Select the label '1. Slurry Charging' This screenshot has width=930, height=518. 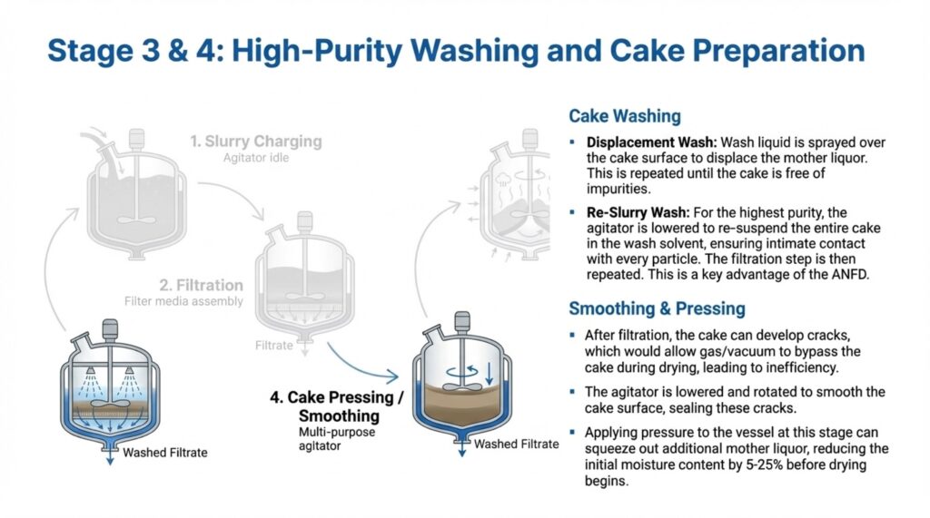tap(256, 142)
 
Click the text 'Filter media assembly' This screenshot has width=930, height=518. tap(183, 300)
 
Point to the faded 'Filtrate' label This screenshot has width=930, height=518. tap(274, 345)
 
